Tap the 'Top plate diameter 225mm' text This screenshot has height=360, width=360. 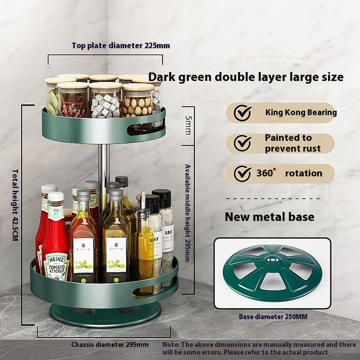click(120, 45)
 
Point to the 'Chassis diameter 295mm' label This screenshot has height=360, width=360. click(110, 344)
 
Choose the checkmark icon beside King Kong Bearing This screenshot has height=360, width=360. click(242, 113)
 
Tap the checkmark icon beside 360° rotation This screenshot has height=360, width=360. click(242, 174)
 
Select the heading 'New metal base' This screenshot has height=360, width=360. click(269, 217)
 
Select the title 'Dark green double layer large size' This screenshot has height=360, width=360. click(246, 77)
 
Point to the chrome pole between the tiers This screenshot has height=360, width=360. click(104, 165)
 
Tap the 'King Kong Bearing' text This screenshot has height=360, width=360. click(300, 112)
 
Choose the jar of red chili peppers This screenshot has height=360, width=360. click(74, 101)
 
